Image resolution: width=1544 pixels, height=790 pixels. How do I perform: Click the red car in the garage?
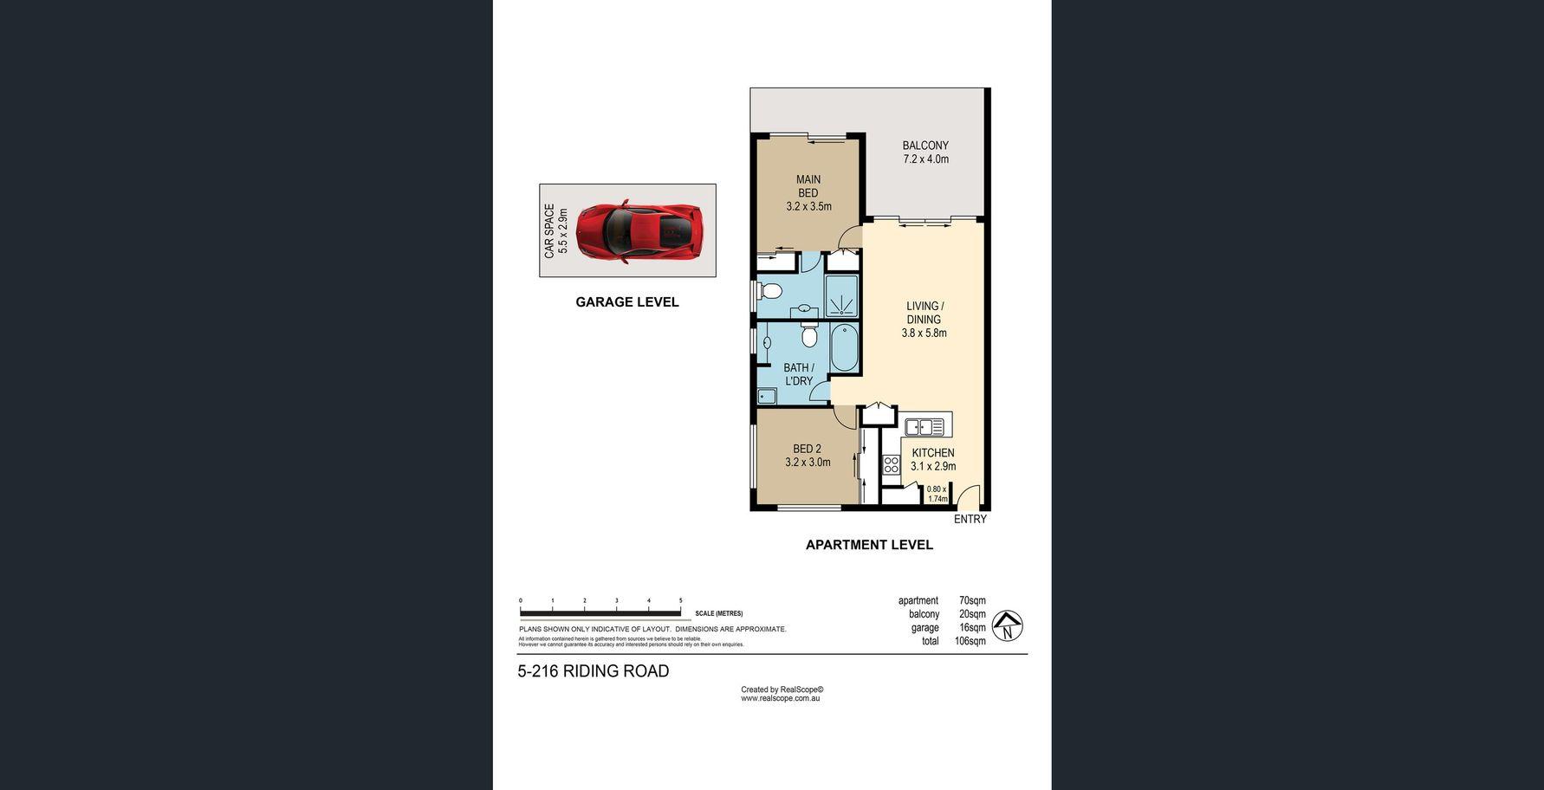[x=639, y=231]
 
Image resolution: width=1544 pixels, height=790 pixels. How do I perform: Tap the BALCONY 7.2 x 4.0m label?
[x=925, y=152]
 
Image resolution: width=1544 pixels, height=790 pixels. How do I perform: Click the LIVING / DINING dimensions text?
[x=924, y=333]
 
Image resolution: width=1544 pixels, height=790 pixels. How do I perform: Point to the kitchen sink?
[x=924, y=426]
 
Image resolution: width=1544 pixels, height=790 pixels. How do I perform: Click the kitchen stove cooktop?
[x=892, y=464]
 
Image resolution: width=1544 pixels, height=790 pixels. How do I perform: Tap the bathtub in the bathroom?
[x=844, y=347]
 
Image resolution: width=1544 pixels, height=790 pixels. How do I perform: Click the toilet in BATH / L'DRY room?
[x=809, y=334]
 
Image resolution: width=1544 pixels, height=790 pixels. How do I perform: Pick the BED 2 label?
[x=807, y=449]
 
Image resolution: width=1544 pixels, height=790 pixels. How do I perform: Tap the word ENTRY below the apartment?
[x=970, y=519]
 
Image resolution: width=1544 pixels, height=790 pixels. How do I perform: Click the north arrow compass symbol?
[x=1007, y=625]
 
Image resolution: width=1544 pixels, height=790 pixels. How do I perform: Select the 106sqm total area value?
[x=971, y=642]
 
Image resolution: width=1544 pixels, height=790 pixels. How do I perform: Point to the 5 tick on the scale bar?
[x=681, y=600]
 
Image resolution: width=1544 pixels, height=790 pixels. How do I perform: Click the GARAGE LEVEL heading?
[x=627, y=302]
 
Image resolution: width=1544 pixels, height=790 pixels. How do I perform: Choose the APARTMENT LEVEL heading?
[x=869, y=545]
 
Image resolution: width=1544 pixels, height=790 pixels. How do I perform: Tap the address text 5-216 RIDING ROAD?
[x=594, y=671]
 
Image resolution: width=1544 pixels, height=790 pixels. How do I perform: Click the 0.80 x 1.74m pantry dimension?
[x=937, y=494]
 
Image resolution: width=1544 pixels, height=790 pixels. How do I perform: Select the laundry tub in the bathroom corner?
[x=767, y=397]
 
